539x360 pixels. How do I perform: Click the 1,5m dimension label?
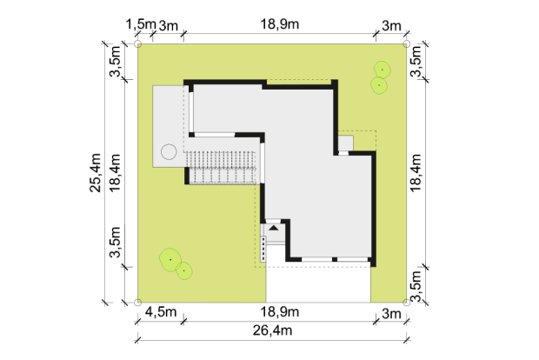pos(141,24)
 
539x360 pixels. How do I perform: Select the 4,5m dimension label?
pos(161,312)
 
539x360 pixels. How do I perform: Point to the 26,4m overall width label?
pos(273,330)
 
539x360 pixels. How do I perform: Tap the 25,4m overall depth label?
pos(96,173)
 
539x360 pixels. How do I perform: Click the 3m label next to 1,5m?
pos(169,25)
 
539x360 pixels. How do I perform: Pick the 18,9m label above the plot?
pos(279,24)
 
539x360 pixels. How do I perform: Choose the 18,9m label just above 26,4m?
pos(279,312)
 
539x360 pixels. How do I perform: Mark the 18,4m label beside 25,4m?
pos(115,173)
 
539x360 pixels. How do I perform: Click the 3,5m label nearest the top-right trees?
pos(416,61)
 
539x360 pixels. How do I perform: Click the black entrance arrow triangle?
pos(274,228)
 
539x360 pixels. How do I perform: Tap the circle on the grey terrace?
pos(169,151)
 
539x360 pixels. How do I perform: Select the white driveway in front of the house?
pos(318,284)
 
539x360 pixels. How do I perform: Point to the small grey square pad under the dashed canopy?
pos(346,143)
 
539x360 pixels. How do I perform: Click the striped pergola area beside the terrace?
pos(223,168)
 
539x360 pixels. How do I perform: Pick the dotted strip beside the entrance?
pos(263,249)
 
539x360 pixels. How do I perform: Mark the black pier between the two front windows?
pos(335,259)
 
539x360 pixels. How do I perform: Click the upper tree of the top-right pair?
pos(382,70)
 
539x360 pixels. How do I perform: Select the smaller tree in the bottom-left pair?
pos(184,270)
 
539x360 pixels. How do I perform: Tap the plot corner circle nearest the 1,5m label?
pos(138,44)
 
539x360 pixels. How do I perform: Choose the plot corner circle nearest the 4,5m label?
pos(138,303)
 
